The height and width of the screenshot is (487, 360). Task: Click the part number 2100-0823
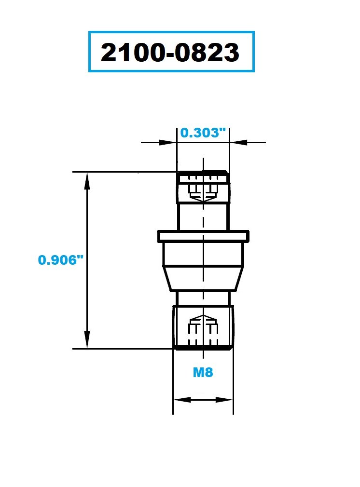tap(170, 52)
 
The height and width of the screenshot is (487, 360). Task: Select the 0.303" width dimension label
tap(203, 133)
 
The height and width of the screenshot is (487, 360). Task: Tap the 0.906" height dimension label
tap(61, 259)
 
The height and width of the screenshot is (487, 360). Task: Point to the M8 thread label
tap(203, 372)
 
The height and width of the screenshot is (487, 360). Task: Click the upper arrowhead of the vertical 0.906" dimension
tap(87, 181)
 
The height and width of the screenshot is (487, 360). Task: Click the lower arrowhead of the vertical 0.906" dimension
tap(87, 340)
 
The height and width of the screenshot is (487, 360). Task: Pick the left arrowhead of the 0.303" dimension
tap(168, 143)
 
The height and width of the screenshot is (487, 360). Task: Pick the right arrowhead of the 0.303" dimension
tap(238, 143)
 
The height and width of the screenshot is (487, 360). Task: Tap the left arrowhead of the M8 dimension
tap(182, 400)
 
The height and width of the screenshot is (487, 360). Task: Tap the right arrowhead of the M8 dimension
tap(224, 400)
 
